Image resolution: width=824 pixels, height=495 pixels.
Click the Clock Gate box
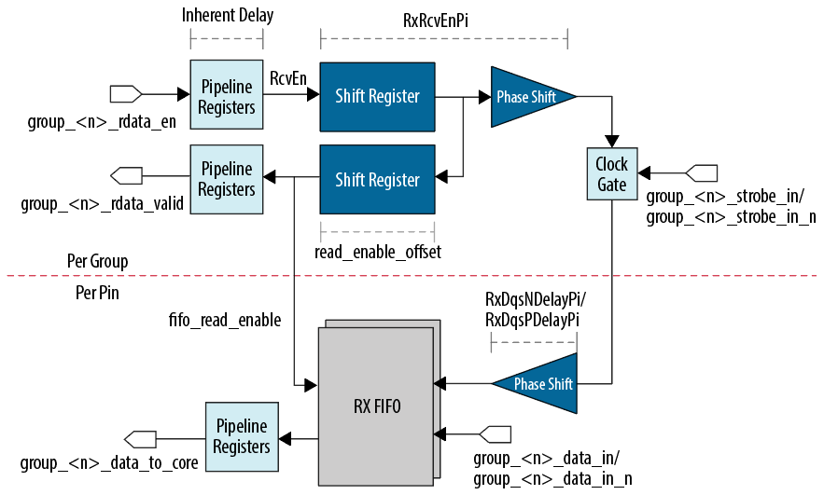pyautogui.click(x=611, y=174)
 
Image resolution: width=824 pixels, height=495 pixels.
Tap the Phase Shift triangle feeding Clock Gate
pyautogui.click(x=529, y=96)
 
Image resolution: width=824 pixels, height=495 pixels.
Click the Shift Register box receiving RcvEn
pyautogui.click(x=377, y=96)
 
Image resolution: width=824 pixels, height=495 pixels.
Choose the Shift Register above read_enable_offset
pyautogui.click(x=377, y=179)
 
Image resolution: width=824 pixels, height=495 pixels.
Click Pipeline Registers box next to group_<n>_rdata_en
pyautogui.click(x=226, y=96)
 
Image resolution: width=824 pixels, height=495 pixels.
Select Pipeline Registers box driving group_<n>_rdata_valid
pyautogui.click(x=226, y=179)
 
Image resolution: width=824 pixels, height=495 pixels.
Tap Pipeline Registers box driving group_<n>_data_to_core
pyautogui.click(x=241, y=435)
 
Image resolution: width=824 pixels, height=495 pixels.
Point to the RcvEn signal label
pyautogui.click(x=288, y=78)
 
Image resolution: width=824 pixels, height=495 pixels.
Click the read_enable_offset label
pyautogui.click(x=377, y=252)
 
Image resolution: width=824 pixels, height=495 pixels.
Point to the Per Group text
pyautogui.click(x=97, y=260)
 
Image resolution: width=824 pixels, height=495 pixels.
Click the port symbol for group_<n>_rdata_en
pyautogui.click(x=125, y=94)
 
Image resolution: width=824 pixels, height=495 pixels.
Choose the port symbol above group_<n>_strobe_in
pyautogui.click(x=702, y=173)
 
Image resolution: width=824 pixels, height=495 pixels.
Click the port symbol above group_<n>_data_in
pyautogui.click(x=495, y=434)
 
